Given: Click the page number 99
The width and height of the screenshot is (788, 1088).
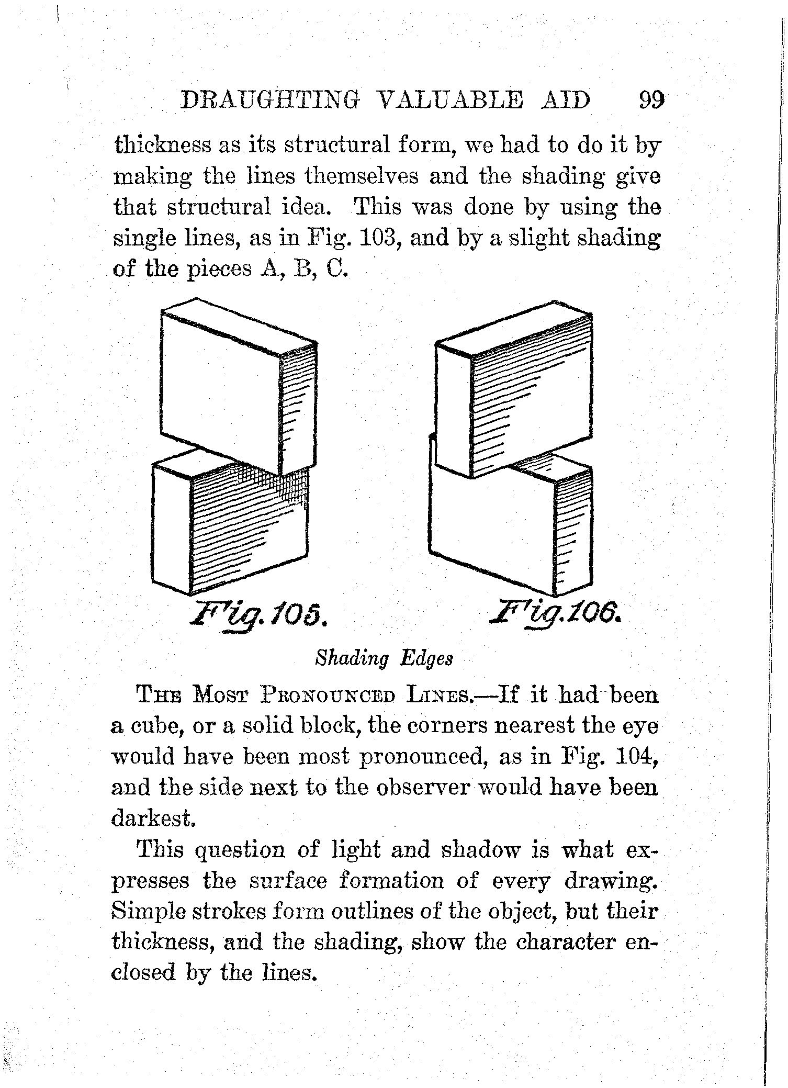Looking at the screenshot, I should coord(650,99).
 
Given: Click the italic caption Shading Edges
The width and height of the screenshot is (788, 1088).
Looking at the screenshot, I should coord(384,658).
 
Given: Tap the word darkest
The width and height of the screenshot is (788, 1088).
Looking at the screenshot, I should coord(153,818).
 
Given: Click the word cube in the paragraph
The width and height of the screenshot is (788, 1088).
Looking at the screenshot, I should coord(157,726).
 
